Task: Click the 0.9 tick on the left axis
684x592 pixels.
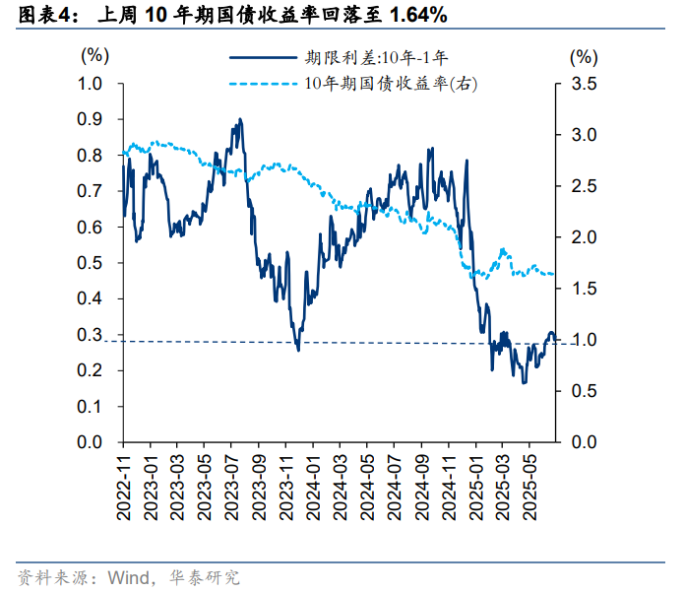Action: point(91,120)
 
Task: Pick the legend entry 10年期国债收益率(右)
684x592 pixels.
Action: point(391,85)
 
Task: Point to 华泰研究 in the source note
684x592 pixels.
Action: point(206,576)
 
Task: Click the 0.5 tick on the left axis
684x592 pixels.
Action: point(91,263)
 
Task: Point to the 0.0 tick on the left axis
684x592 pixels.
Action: point(91,442)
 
